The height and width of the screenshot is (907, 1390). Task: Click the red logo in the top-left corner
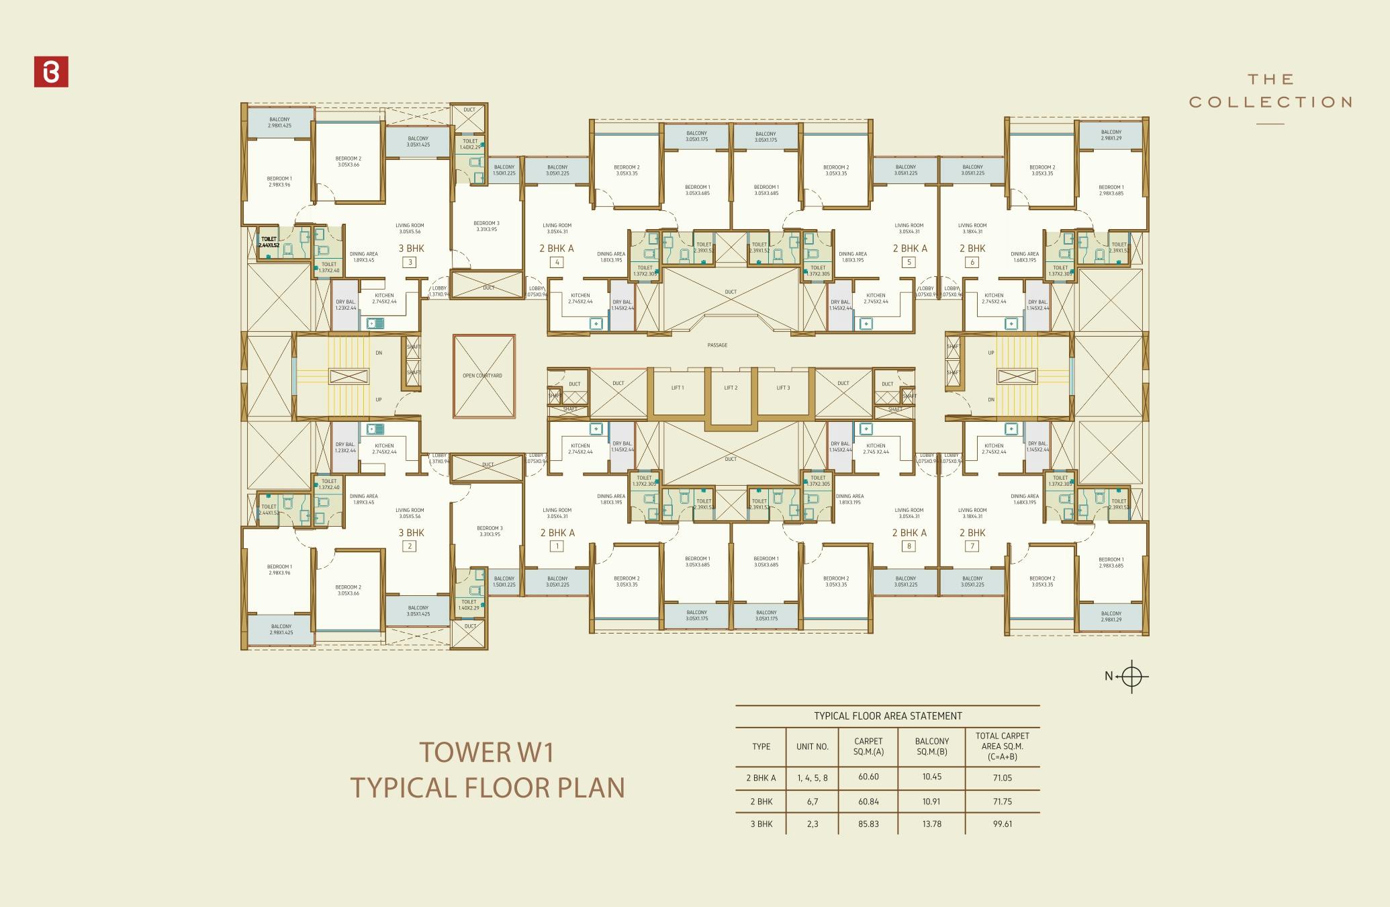tap(51, 73)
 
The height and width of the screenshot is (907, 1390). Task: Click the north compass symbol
tap(1131, 676)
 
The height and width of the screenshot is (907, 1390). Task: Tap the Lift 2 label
tap(731, 388)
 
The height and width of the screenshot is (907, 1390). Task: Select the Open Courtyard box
tap(483, 376)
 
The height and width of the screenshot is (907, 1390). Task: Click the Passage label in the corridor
tap(717, 345)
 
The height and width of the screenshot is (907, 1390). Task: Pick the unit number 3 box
tap(410, 263)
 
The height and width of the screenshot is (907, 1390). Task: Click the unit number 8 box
tap(909, 546)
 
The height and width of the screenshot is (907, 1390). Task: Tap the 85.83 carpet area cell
tap(868, 824)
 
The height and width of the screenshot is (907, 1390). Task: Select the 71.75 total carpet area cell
tap(1002, 802)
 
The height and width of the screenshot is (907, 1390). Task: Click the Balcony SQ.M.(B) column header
tap(931, 746)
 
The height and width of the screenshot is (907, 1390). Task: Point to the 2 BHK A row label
tap(761, 778)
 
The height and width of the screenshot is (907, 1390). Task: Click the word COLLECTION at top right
tap(1270, 102)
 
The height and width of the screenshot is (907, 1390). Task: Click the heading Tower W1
tap(487, 752)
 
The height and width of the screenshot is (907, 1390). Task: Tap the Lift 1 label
tap(678, 388)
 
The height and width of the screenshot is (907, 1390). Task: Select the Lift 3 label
tap(783, 388)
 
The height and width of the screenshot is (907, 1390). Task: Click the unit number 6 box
tap(972, 263)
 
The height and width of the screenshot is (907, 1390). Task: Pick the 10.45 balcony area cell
tap(931, 777)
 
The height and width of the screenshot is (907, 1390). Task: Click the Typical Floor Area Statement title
tap(888, 716)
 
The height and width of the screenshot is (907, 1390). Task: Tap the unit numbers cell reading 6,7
tap(813, 802)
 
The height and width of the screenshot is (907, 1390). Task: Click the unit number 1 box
tap(556, 546)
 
